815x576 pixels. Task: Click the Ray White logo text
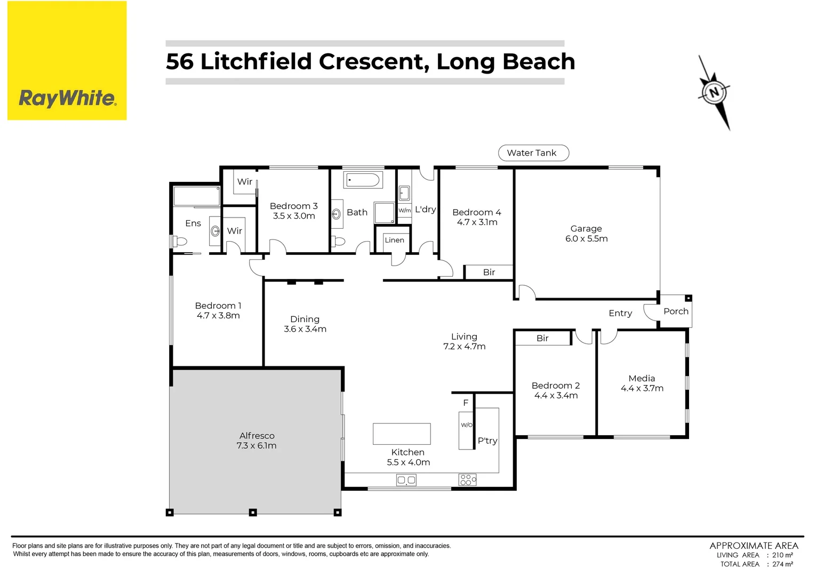coord(67,98)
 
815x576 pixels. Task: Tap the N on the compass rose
coord(714,92)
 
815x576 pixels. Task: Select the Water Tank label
coord(533,153)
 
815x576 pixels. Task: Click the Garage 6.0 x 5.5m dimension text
coord(586,239)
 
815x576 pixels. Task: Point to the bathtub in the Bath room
coord(363,180)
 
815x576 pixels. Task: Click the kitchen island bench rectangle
coord(401,434)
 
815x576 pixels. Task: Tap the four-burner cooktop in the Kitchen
coord(467,480)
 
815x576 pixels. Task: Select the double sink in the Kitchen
coord(406,481)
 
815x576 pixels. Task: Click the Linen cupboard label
coord(394,240)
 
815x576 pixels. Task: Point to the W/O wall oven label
coord(466,425)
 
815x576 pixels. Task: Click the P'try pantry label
coord(487,441)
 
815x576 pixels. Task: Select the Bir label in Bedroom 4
coord(489,272)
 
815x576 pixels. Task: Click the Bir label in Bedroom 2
coord(542,338)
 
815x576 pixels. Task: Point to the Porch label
coord(676,311)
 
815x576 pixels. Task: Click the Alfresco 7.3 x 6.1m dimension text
coord(257,446)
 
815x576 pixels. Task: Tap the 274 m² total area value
coord(782,564)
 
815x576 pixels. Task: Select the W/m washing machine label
coord(404,211)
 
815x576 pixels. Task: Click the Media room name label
coord(642,378)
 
